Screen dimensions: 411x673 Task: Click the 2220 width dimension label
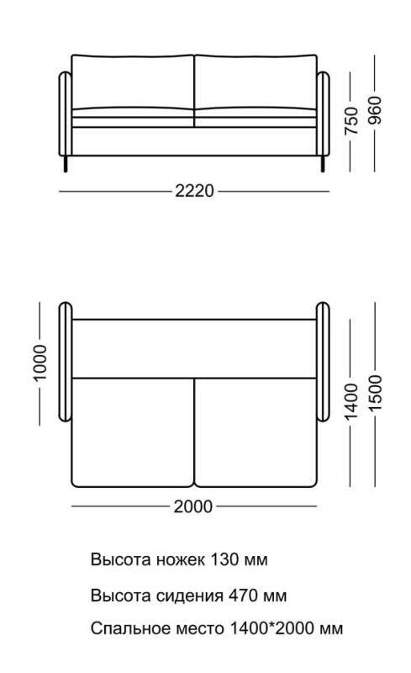click(194, 191)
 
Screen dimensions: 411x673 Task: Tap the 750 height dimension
click(351, 121)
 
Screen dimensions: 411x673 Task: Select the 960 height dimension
click(375, 110)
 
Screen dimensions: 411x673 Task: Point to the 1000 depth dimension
click(40, 363)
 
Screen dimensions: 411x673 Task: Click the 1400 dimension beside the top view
click(351, 402)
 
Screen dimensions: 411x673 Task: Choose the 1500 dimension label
click(375, 393)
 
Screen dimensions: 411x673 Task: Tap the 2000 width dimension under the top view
click(193, 506)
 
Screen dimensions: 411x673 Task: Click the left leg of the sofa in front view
click(66, 163)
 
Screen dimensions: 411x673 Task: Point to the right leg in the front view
click(323, 163)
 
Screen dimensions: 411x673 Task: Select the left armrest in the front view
click(66, 114)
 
